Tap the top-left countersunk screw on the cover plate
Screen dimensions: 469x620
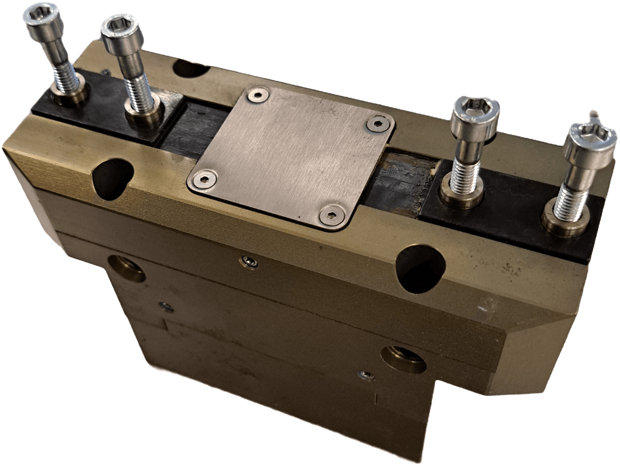(x=257, y=94)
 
